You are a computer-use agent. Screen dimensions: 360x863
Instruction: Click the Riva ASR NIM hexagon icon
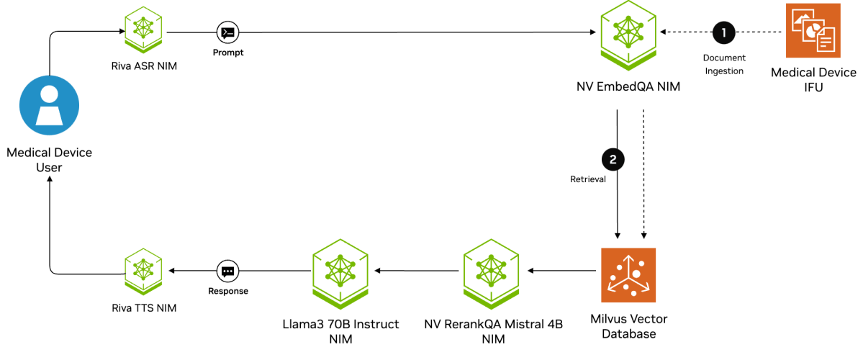coord(143,27)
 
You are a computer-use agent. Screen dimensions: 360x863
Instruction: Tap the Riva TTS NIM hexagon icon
coord(143,271)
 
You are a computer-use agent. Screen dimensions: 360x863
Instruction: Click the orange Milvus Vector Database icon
coord(628,275)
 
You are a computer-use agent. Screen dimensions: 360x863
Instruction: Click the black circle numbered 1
coord(724,32)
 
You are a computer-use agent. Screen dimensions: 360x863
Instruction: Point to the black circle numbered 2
coord(613,159)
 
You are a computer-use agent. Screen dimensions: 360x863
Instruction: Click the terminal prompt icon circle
coord(227,32)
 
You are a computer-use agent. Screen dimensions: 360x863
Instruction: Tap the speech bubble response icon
coord(227,271)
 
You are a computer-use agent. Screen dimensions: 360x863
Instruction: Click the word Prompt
coord(227,53)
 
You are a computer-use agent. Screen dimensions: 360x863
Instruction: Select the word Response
coord(227,292)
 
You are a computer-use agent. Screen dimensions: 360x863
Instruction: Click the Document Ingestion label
coord(724,63)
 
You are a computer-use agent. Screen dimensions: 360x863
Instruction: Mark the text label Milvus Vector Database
coord(628,325)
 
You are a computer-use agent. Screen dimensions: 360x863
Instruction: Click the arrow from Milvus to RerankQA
coord(561,271)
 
